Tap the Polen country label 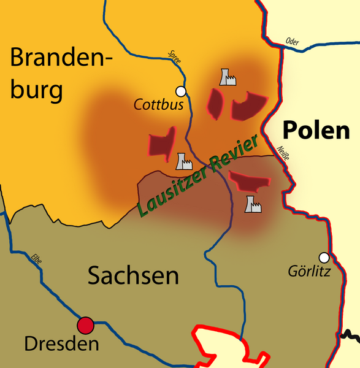pos(316,130)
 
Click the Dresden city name pos(61,344)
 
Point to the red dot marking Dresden pos(85,325)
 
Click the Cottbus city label pos(159,105)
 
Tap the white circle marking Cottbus pos(180,91)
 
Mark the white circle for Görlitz pos(324,257)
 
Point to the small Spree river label pos(174,57)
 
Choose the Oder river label pos(293,42)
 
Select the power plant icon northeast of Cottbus pos(228,77)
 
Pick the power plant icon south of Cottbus pos(183,161)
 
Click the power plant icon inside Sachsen pos(253,204)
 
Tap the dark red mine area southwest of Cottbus pos(162,143)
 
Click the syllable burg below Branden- pos(37,91)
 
